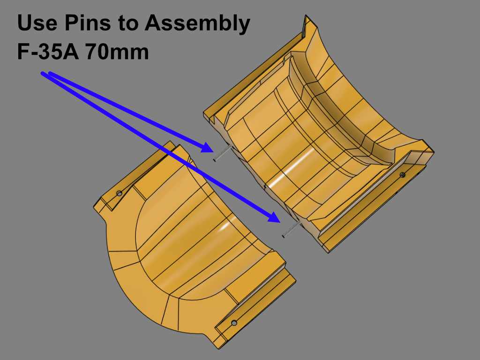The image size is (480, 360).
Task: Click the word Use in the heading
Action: pos(37,22)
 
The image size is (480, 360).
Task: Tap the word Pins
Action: pos(88,22)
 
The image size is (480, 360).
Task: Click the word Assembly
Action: pos(197,24)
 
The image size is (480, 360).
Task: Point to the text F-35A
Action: pos(48,52)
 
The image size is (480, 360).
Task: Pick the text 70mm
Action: pos(117,52)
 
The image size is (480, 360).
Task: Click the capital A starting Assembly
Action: pos(154,22)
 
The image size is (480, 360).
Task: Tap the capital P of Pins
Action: pos(72,22)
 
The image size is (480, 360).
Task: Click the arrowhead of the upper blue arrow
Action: pos(207,147)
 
